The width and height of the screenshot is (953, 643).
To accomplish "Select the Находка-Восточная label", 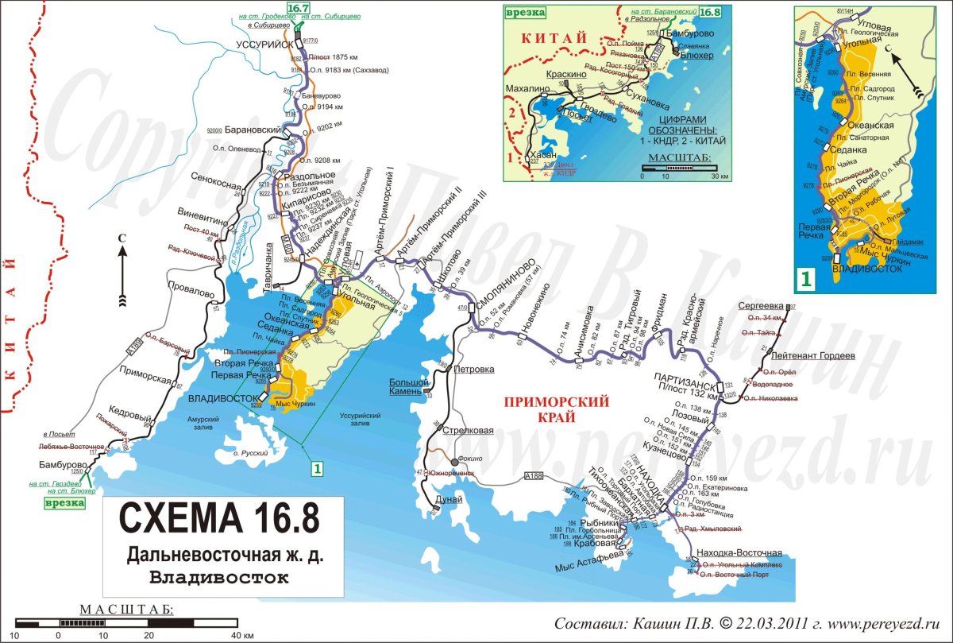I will [738, 552].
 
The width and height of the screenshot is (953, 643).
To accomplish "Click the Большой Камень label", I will [409, 386].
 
